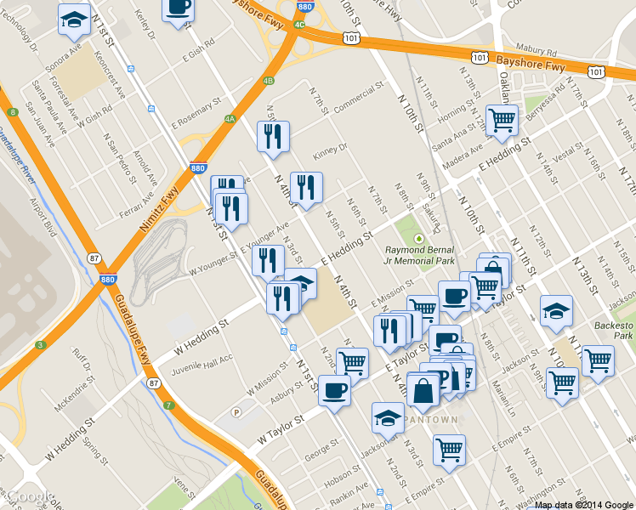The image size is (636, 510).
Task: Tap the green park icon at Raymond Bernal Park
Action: (x=418, y=239)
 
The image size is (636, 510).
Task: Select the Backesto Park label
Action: (x=615, y=331)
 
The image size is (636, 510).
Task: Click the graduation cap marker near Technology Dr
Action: (x=74, y=19)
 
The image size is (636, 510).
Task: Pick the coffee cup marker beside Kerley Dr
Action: (x=178, y=8)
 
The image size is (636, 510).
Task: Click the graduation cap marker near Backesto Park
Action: (x=556, y=310)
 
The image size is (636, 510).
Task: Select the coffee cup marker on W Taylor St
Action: (x=334, y=391)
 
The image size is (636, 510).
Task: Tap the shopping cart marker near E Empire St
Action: (x=449, y=450)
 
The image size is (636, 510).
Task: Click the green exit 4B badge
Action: (x=269, y=81)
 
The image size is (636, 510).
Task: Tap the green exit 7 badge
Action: (x=169, y=405)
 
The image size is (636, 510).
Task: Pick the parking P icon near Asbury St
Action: (x=237, y=411)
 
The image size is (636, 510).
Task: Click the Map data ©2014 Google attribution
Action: (x=584, y=504)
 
